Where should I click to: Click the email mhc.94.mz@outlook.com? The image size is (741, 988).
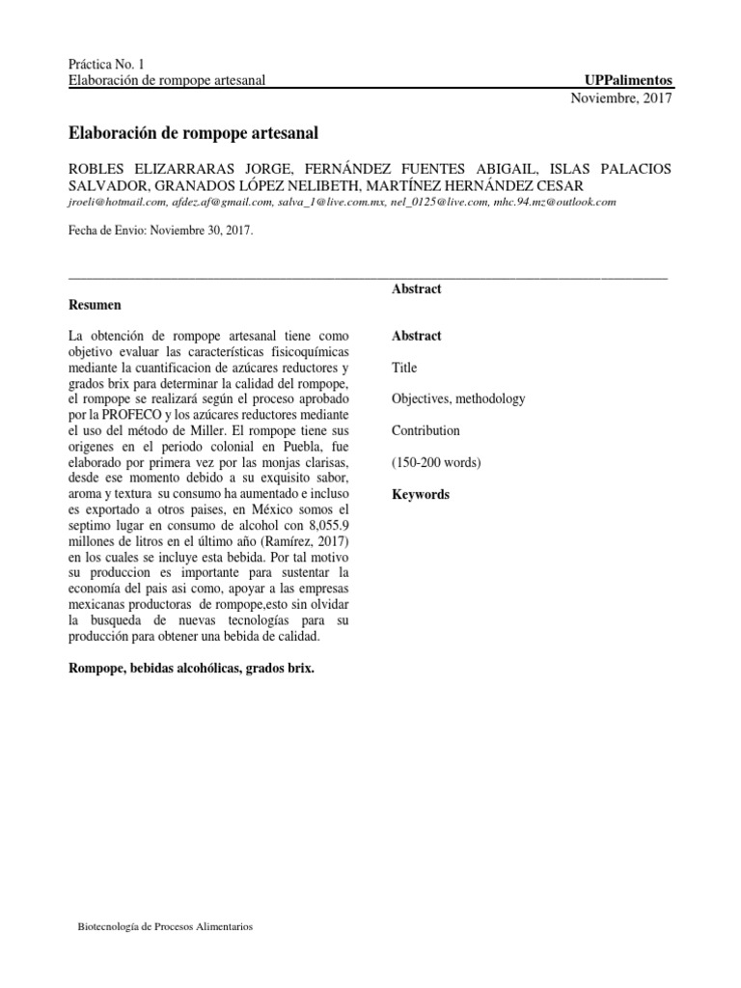[555, 203]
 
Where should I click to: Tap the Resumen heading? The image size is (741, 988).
[95, 305]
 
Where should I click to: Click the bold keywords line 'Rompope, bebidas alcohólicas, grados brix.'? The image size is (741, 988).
[191, 668]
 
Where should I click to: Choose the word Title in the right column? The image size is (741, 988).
[404, 368]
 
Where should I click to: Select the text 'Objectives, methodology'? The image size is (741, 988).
[458, 399]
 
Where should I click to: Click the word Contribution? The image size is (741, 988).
[425, 431]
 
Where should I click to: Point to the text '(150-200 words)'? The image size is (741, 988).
[436, 462]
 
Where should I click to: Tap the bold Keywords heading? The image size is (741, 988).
[421, 494]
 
